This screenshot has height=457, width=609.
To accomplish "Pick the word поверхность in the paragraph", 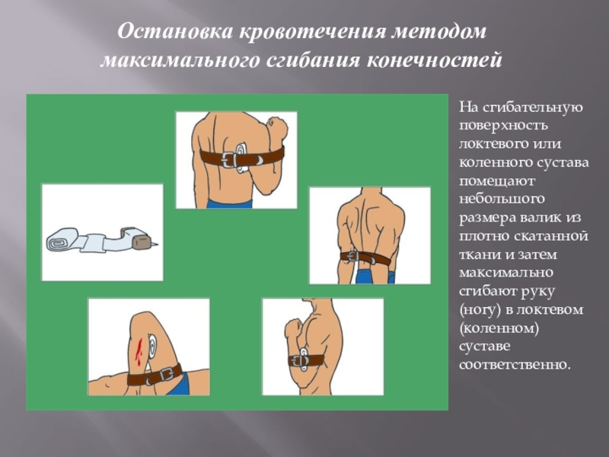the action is coord(503,126).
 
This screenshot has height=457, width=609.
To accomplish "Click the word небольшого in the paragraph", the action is coord(502,200).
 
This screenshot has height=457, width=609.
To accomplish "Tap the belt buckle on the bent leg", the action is coord(167,375).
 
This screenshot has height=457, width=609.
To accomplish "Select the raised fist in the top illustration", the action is coord(276,128).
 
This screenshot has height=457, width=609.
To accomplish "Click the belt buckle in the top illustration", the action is coord(230,159).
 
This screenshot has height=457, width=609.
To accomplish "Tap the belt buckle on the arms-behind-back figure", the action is coord(354,257).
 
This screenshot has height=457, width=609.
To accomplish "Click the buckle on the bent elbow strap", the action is coord(302,360).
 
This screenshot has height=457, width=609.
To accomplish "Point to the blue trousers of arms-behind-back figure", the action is coord(375,276).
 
